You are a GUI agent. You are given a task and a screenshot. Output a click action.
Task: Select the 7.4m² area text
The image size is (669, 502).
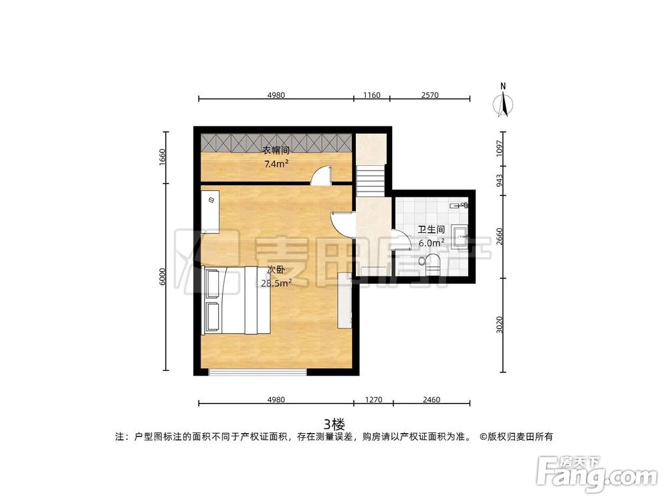[276, 164]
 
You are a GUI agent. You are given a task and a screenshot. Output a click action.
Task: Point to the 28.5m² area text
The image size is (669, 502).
[276, 283]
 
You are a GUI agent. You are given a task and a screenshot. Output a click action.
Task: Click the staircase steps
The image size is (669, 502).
[371, 181]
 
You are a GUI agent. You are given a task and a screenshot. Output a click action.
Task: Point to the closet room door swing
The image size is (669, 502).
[322, 175]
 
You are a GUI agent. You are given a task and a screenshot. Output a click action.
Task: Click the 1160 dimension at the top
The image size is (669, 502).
[371, 95]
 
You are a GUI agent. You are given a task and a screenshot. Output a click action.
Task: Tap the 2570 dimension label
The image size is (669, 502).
[429, 95]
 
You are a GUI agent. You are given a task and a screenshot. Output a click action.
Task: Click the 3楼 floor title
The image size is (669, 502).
[334, 424]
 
